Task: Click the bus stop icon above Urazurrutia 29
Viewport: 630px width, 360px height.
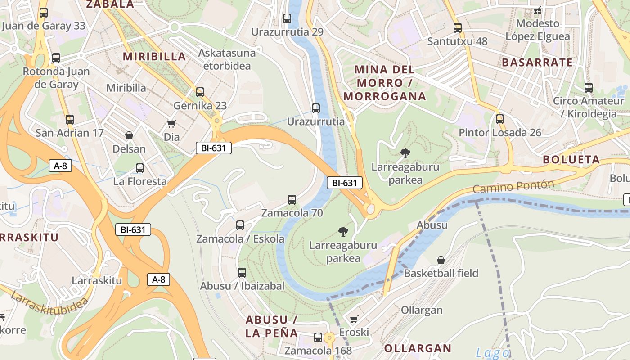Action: point(287,18)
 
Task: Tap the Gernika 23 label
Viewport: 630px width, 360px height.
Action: point(200,106)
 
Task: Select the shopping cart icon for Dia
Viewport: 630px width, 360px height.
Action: point(171,124)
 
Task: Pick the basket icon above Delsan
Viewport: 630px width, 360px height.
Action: point(129,135)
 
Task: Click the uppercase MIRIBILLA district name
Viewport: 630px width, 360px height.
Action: point(154,56)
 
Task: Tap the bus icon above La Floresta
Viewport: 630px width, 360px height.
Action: point(140,168)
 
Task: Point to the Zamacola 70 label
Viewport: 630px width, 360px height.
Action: point(292,213)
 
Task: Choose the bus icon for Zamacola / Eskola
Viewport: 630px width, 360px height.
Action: point(240,225)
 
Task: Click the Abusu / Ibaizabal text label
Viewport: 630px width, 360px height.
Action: point(242,286)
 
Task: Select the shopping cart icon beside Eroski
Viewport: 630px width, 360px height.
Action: point(354,319)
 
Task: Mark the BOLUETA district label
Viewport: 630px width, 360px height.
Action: point(571,160)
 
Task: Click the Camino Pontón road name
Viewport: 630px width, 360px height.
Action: point(513,186)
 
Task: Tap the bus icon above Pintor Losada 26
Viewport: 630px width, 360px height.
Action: point(499,119)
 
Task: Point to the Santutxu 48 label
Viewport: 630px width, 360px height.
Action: point(457,41)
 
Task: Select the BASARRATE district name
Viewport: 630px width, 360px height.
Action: point(537,63)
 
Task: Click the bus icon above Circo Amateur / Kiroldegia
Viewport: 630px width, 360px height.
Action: point(588,88)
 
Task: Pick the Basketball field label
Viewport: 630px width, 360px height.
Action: point(441,273)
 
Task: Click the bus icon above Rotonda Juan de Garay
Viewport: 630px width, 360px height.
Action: point(56,58)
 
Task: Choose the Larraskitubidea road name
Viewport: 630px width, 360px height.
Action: point(49,304)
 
